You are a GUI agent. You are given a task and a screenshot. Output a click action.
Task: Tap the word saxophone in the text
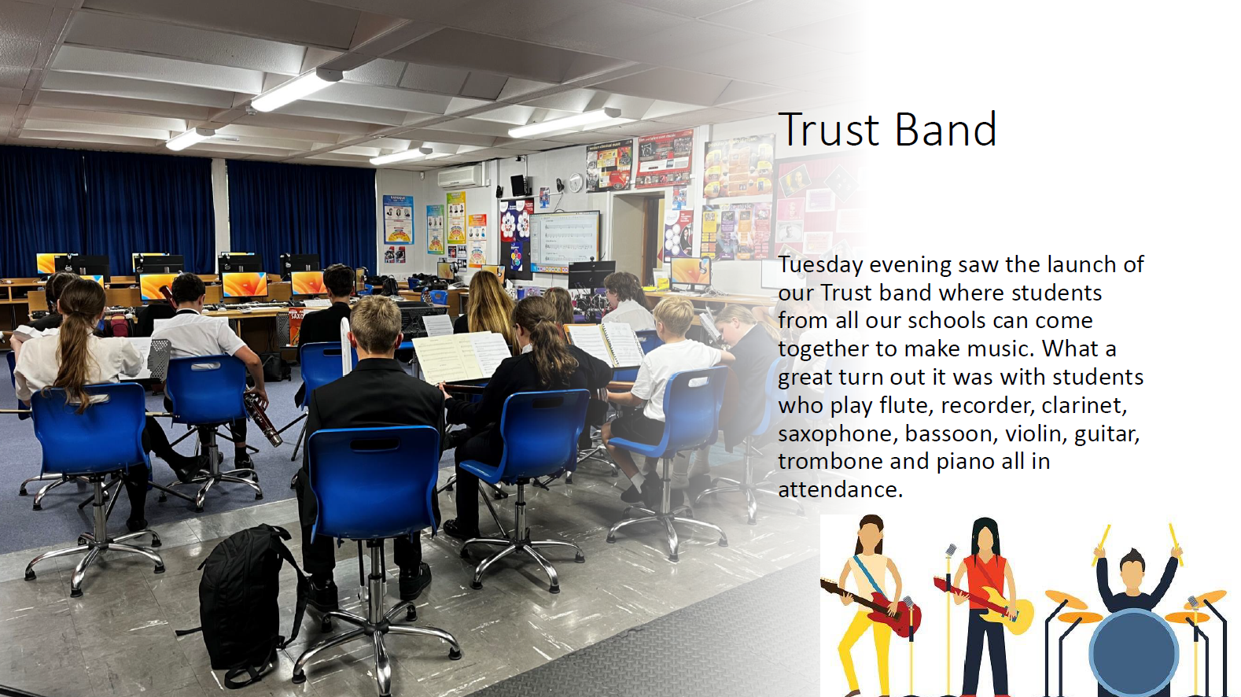837,434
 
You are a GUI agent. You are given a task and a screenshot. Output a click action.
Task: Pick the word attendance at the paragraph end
841,489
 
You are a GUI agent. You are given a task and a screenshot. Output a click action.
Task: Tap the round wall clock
576,182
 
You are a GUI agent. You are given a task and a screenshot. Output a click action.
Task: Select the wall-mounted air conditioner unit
460,176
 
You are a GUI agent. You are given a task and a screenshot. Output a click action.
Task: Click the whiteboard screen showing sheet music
565,242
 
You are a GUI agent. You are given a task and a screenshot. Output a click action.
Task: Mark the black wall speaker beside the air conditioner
518,186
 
